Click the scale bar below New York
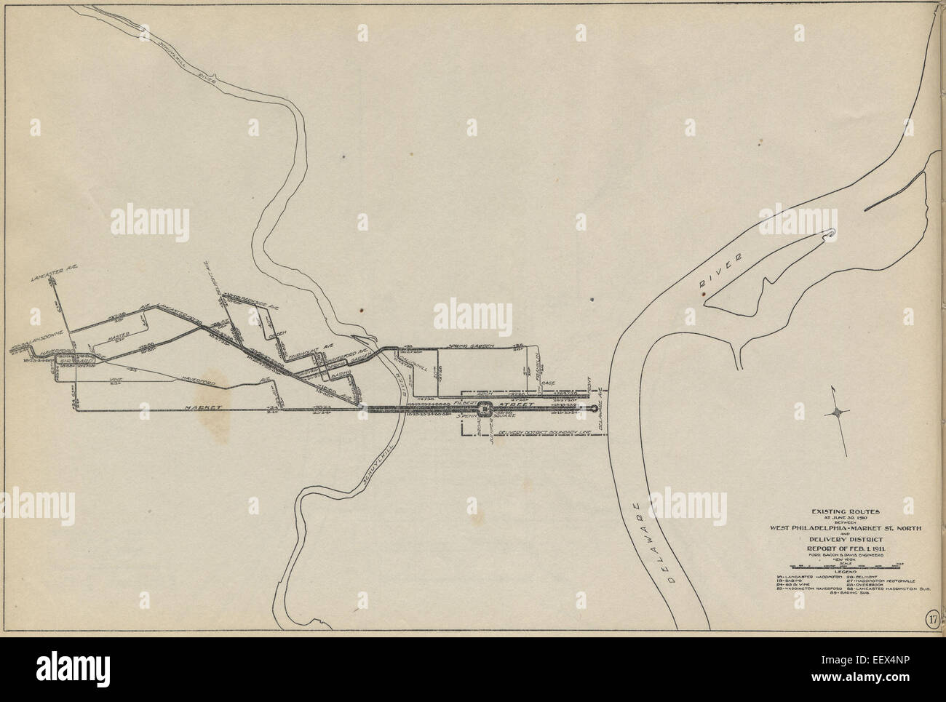click(x=845, y=565)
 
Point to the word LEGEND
click(x=845, y=571)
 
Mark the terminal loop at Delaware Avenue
click(x=597, y=410)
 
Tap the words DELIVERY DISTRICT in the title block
click(x=845, y=538)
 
